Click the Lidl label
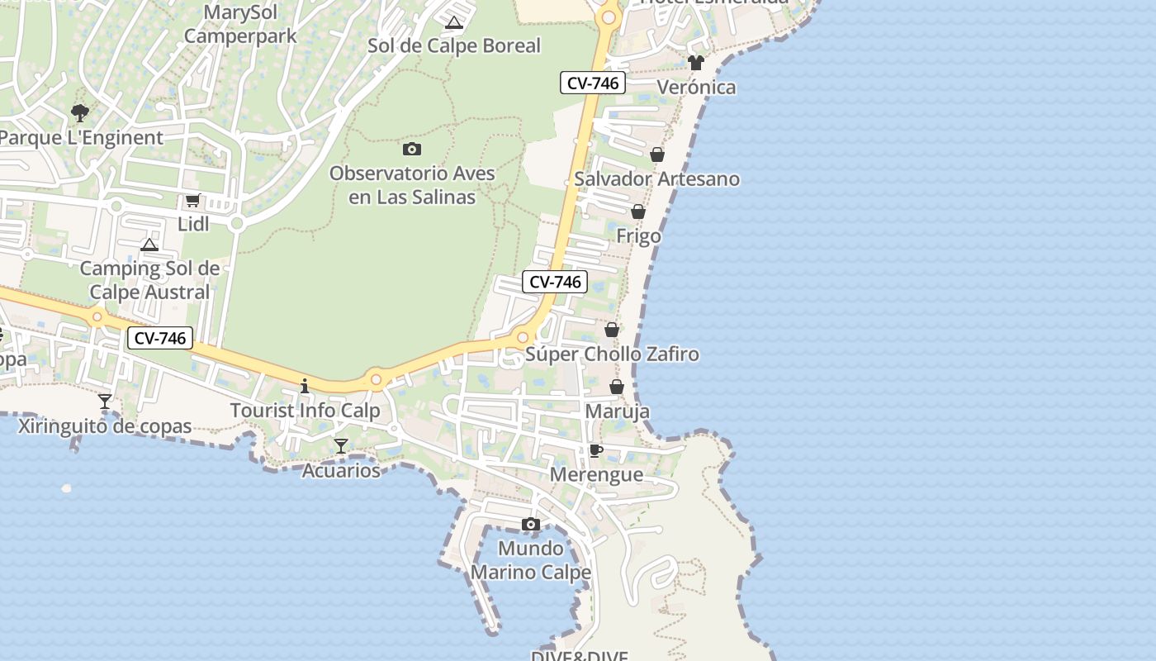click(193, 224)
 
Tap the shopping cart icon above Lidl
click(193, 200)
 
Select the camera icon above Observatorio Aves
click(412, 150)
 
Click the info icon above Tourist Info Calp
click(305, 386)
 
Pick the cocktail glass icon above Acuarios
click(341, 446)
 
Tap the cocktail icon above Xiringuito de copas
click(105, 402)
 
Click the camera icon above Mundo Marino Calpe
click(531, 524)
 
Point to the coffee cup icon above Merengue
click(595, 450)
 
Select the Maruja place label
click(617, 411)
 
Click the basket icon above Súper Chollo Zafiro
click(612, 330)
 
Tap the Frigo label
click(639, 236)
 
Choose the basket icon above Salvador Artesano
click(657, 155)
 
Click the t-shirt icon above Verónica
click(696, 63)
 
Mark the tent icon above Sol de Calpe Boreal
click(453, 22)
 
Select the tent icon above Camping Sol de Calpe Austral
click(149, 245)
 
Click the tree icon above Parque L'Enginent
click(80, 112)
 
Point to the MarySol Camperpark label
click(228, 25)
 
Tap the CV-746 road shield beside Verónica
click(593, 83)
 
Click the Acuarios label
click(341, 471)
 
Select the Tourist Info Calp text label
click(306, 411)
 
